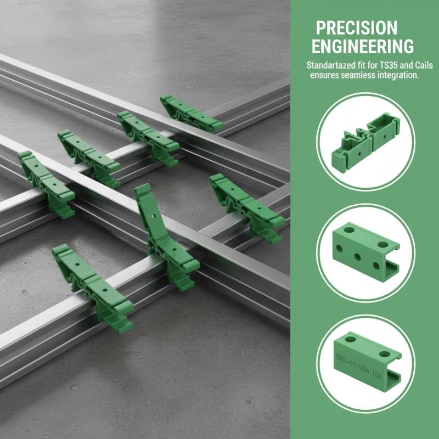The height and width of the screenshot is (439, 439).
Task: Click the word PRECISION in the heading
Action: tap(356, 28)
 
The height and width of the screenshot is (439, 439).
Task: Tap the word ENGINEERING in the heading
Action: tap(363, 46)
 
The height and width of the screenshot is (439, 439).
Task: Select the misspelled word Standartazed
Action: tap(331, 66)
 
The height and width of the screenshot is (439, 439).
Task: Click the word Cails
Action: tap(424, 65)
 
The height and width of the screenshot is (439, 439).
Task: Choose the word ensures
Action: tap(324, 76)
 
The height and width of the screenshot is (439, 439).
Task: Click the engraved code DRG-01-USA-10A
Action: tap(359, 366)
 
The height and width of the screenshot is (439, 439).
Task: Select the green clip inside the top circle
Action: tap(365, 141)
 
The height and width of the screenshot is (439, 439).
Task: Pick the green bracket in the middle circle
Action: tap(365, 252)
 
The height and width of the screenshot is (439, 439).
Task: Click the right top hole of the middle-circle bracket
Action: tap(382, 244)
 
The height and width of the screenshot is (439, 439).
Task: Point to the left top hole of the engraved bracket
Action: tap(350, 339)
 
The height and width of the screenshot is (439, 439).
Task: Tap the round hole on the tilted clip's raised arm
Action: tap(153, 216)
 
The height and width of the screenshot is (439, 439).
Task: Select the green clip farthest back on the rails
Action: tap(192, 113)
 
